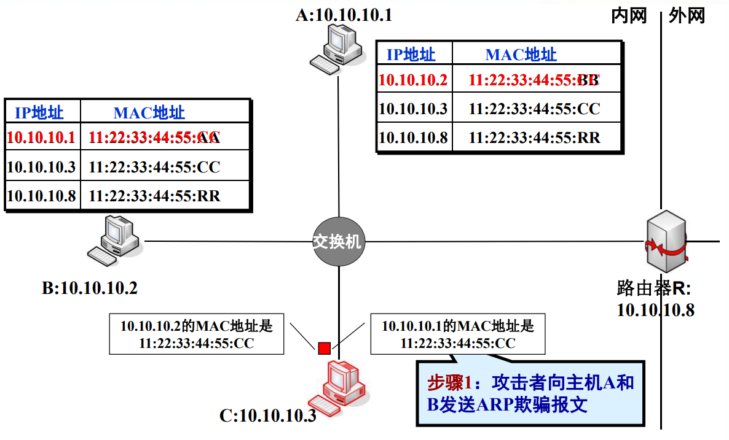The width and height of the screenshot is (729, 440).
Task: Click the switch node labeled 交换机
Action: (x=338, y=241)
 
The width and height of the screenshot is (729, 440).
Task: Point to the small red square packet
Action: (x=324, y=349)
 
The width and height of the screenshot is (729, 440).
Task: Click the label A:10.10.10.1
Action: (x=344, y=15)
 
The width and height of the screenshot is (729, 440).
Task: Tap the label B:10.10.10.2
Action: (x=90, y=288)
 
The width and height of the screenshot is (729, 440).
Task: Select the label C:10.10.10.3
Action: (x=268, y=415)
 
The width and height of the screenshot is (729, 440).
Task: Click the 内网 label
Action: (x=629, y=15)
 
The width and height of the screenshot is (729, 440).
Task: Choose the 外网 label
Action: (x=687, y=15)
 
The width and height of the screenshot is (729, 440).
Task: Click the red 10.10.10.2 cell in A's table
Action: (x=413, y=80)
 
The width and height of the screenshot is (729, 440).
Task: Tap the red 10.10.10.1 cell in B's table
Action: (x=42, y=137)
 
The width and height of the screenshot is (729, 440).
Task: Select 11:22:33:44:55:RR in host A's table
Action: (x=534, y=137)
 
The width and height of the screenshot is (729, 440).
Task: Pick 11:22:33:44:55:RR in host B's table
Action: (x=154, y=196)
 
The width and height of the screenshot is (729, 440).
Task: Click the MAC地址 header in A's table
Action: (x=521, y=55)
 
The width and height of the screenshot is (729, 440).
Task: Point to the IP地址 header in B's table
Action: (x=39, y=112)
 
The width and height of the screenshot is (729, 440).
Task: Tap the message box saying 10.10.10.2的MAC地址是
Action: (x=197, y=334)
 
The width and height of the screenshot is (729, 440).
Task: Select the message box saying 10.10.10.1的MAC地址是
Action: (x=458, y=334)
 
